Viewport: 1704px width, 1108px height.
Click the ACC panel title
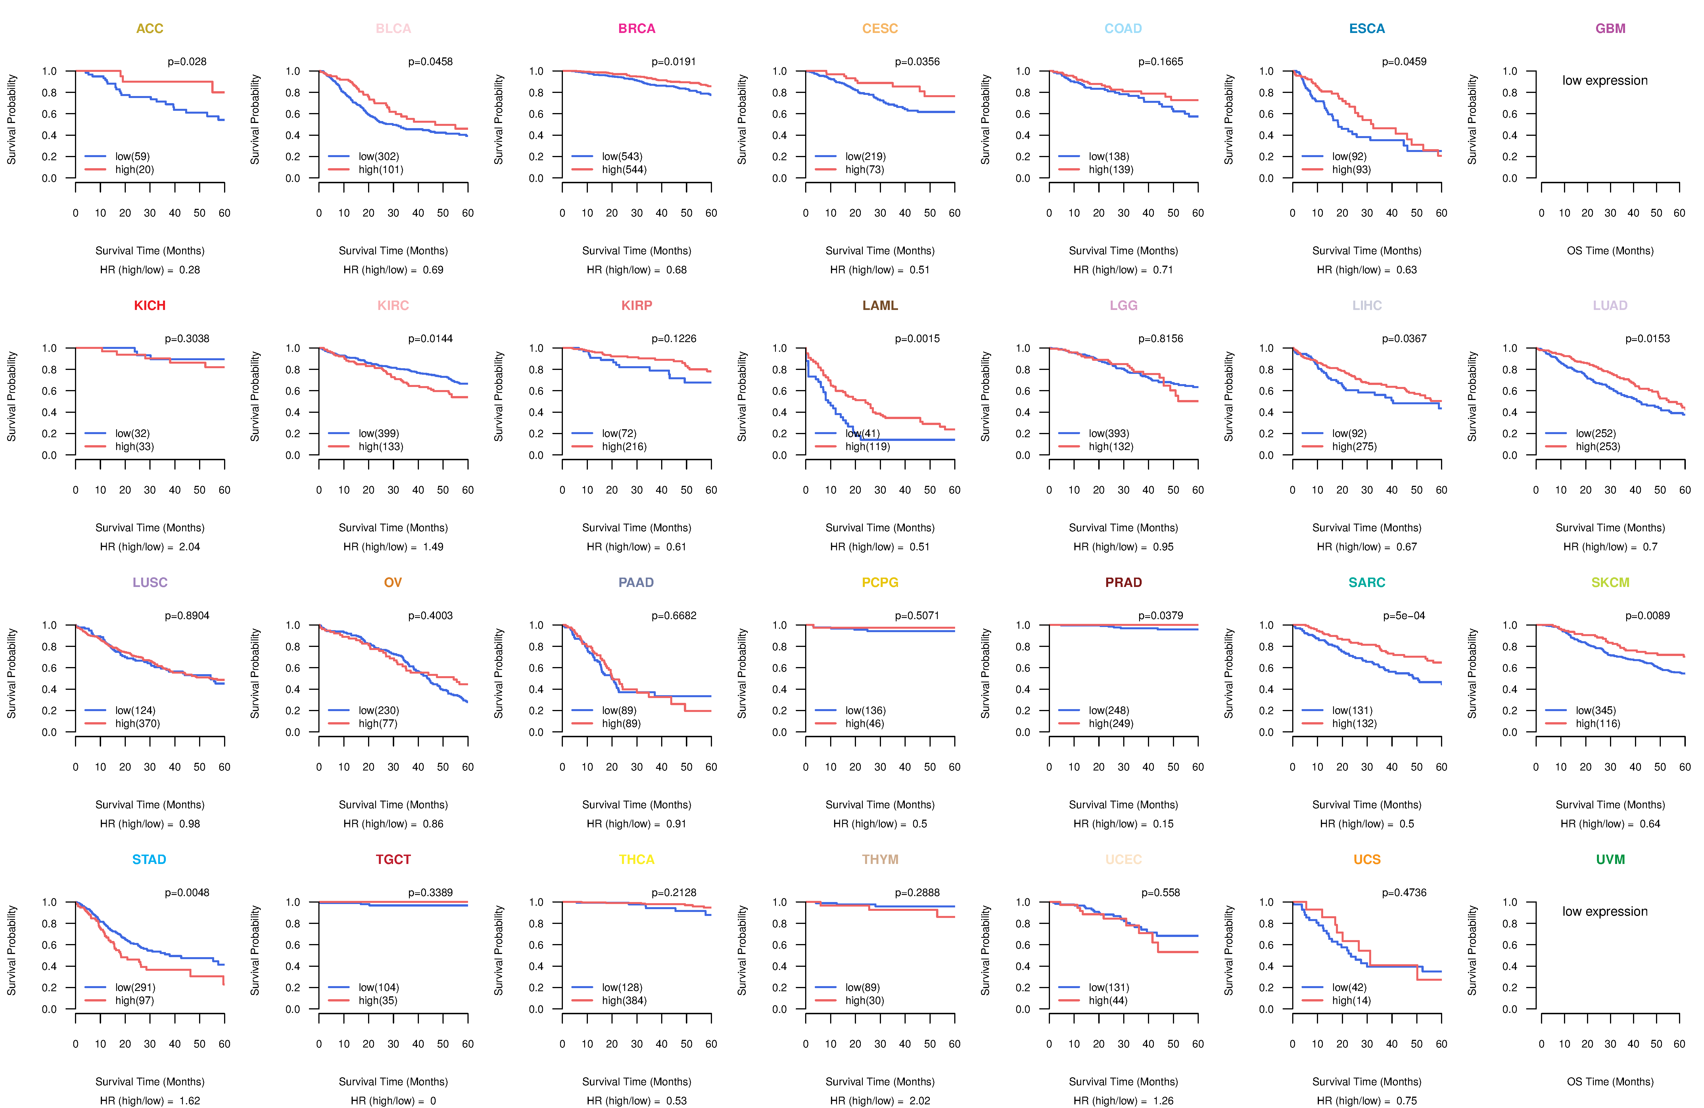click(150, 29)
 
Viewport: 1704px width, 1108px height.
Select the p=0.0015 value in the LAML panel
click(917, 339)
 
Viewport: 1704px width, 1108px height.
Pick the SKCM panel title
click(1610, 582)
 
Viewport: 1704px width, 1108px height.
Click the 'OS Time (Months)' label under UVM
click(1610, 1082)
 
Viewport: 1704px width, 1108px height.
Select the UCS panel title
click(1367, 859)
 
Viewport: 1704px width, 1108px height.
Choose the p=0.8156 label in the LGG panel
click(1161, 339)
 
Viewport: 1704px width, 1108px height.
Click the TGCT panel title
click(393, 859)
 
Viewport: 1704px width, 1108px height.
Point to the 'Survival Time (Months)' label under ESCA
click(1367, 251)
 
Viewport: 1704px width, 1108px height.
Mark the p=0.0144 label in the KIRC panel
click(430, 339)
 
